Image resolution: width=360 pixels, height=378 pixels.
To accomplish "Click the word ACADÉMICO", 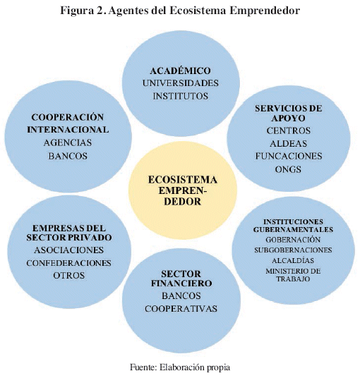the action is click(180, 71).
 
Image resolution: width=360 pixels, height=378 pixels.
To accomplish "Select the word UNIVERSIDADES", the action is click(181, 83).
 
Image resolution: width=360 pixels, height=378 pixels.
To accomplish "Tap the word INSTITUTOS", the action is click(181, 96).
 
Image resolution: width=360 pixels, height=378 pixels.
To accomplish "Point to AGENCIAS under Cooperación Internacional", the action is click(68, 142).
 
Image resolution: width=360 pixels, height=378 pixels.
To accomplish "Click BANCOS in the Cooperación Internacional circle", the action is click(68, 156).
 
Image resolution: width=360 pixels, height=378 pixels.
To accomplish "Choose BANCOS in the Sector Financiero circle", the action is click(181, 295).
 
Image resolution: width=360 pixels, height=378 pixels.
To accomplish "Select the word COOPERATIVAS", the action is click(181, 309).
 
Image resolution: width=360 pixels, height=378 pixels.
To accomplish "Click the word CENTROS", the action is click(288, 130).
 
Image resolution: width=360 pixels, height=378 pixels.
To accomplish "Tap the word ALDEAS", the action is click(288, 144).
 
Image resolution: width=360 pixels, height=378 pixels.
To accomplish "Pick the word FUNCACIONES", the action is click(289, 157).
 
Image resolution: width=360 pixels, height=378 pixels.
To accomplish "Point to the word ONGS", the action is click(288, 169).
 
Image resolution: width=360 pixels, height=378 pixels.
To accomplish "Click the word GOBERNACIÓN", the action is click(293, 240).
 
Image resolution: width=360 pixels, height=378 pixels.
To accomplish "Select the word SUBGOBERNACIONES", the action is click(293, 250).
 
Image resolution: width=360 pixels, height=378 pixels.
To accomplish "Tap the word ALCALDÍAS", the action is click(293, 261).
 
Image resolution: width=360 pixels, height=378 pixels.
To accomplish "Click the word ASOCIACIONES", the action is click(68, 250).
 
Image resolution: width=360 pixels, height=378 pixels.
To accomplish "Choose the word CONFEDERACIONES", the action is click(68, 263).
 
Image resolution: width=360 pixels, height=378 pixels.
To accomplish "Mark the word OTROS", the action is click(68, 276).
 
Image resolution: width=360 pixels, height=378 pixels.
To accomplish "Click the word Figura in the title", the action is click(77, 11).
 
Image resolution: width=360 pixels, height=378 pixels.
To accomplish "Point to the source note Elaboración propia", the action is click(195, 367).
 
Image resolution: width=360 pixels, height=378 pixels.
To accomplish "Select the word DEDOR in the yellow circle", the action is click(182, 202).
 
